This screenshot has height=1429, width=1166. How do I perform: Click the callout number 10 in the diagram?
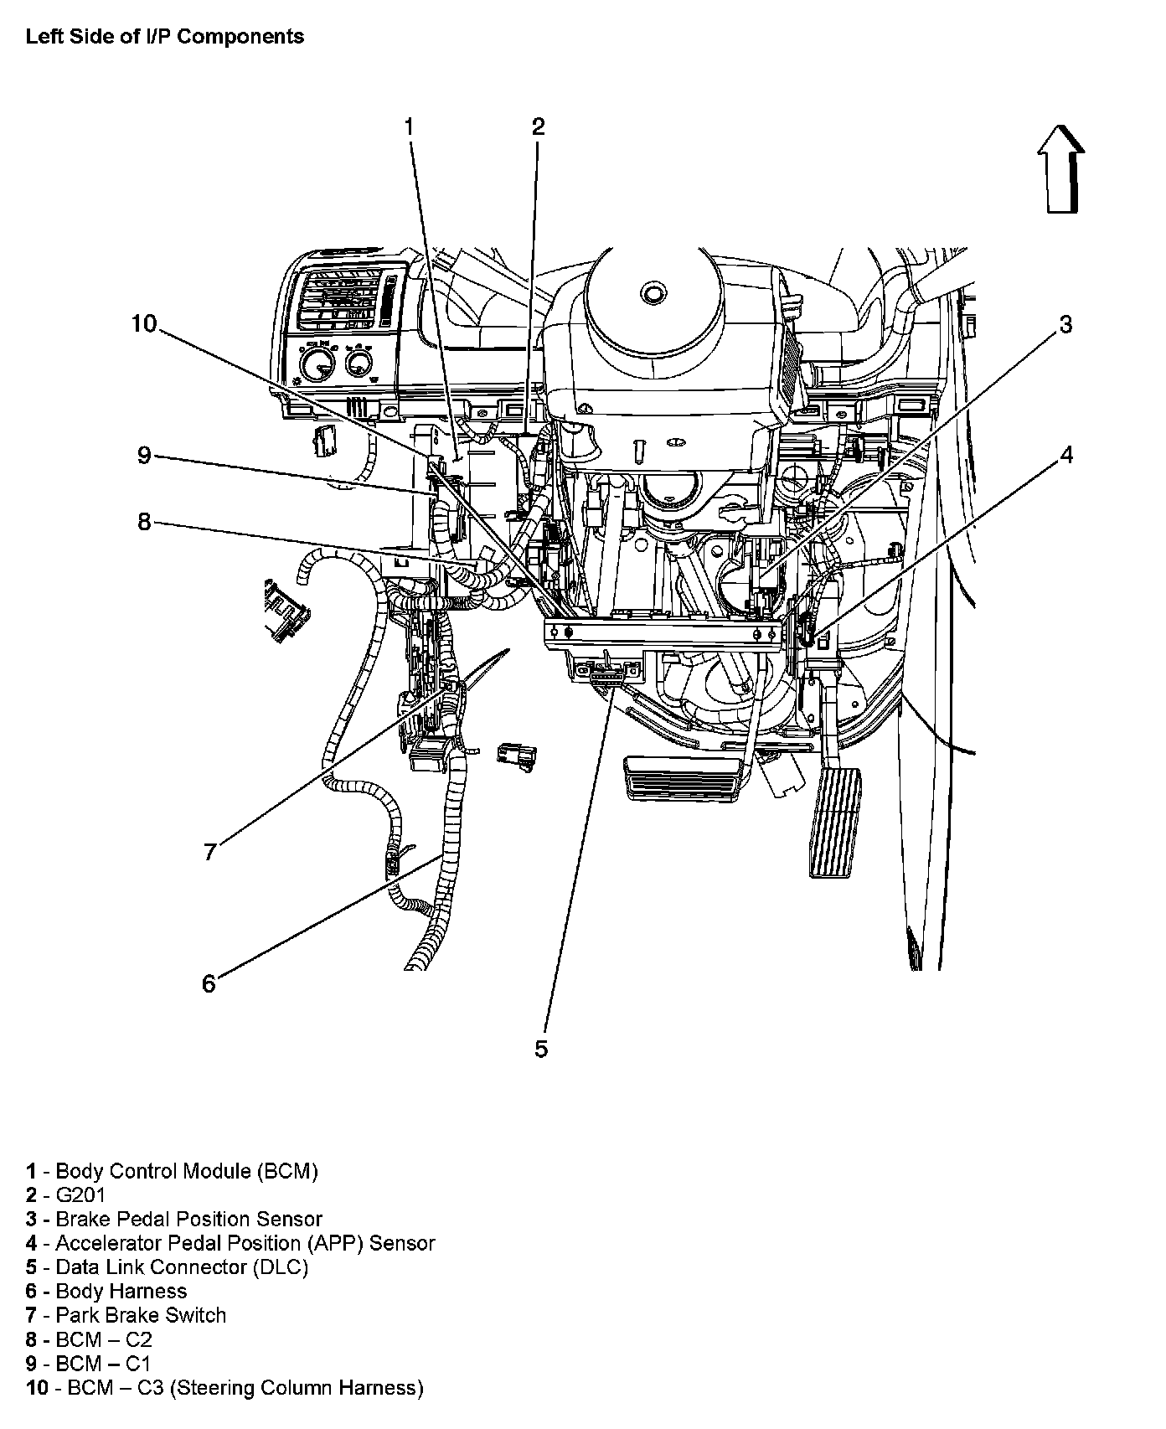pyautogui.click(x=144, y=323)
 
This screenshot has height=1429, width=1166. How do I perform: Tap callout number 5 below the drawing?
pyautogui.click(x=541, y=1049)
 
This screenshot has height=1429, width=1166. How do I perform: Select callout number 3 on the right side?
pyautogui.click(x=1065, y=324)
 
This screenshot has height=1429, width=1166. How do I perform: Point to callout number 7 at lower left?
pyautogui.click(x=210, y=852)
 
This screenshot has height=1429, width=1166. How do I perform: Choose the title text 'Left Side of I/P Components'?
pyautogui.click(x=165, y=37)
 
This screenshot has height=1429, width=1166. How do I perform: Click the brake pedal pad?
pyautogui.click(x=684, y=780)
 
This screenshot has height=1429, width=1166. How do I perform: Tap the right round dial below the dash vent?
pyautogui.click(x=359, y=363)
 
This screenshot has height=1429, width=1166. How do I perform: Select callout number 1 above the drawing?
pyautogui.click(x=409, y=126)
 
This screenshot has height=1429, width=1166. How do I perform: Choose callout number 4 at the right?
pyautogui.click(x=1065, y=455)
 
